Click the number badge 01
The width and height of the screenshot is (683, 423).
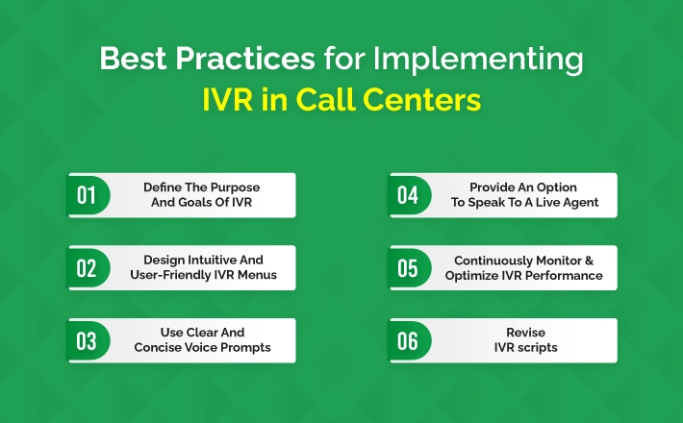click(x=88, y=195)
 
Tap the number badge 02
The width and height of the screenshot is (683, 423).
click(x=88, y=267)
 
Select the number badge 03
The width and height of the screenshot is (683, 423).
click(x=88, y=340)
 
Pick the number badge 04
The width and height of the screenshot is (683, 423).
click(x=409, y=195)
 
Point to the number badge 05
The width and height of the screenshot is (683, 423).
click(x=409, y=267)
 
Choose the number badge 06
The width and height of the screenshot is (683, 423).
click(x=409, y=340)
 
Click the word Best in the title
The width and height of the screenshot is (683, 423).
click(x=133, y=58)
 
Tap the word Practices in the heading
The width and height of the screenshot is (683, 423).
click(x=245, y=58)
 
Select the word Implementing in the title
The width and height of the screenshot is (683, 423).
click(x=478, y=60)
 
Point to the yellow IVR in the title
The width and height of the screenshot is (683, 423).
click(x=227, y=100)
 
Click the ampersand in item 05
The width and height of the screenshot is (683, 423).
click(x=589, y=261)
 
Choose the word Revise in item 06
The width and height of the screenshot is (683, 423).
click(x=526, y=333)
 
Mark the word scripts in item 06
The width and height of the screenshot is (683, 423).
click(x=538, y=348)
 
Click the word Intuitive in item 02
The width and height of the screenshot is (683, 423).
click(x=207, y=260)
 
